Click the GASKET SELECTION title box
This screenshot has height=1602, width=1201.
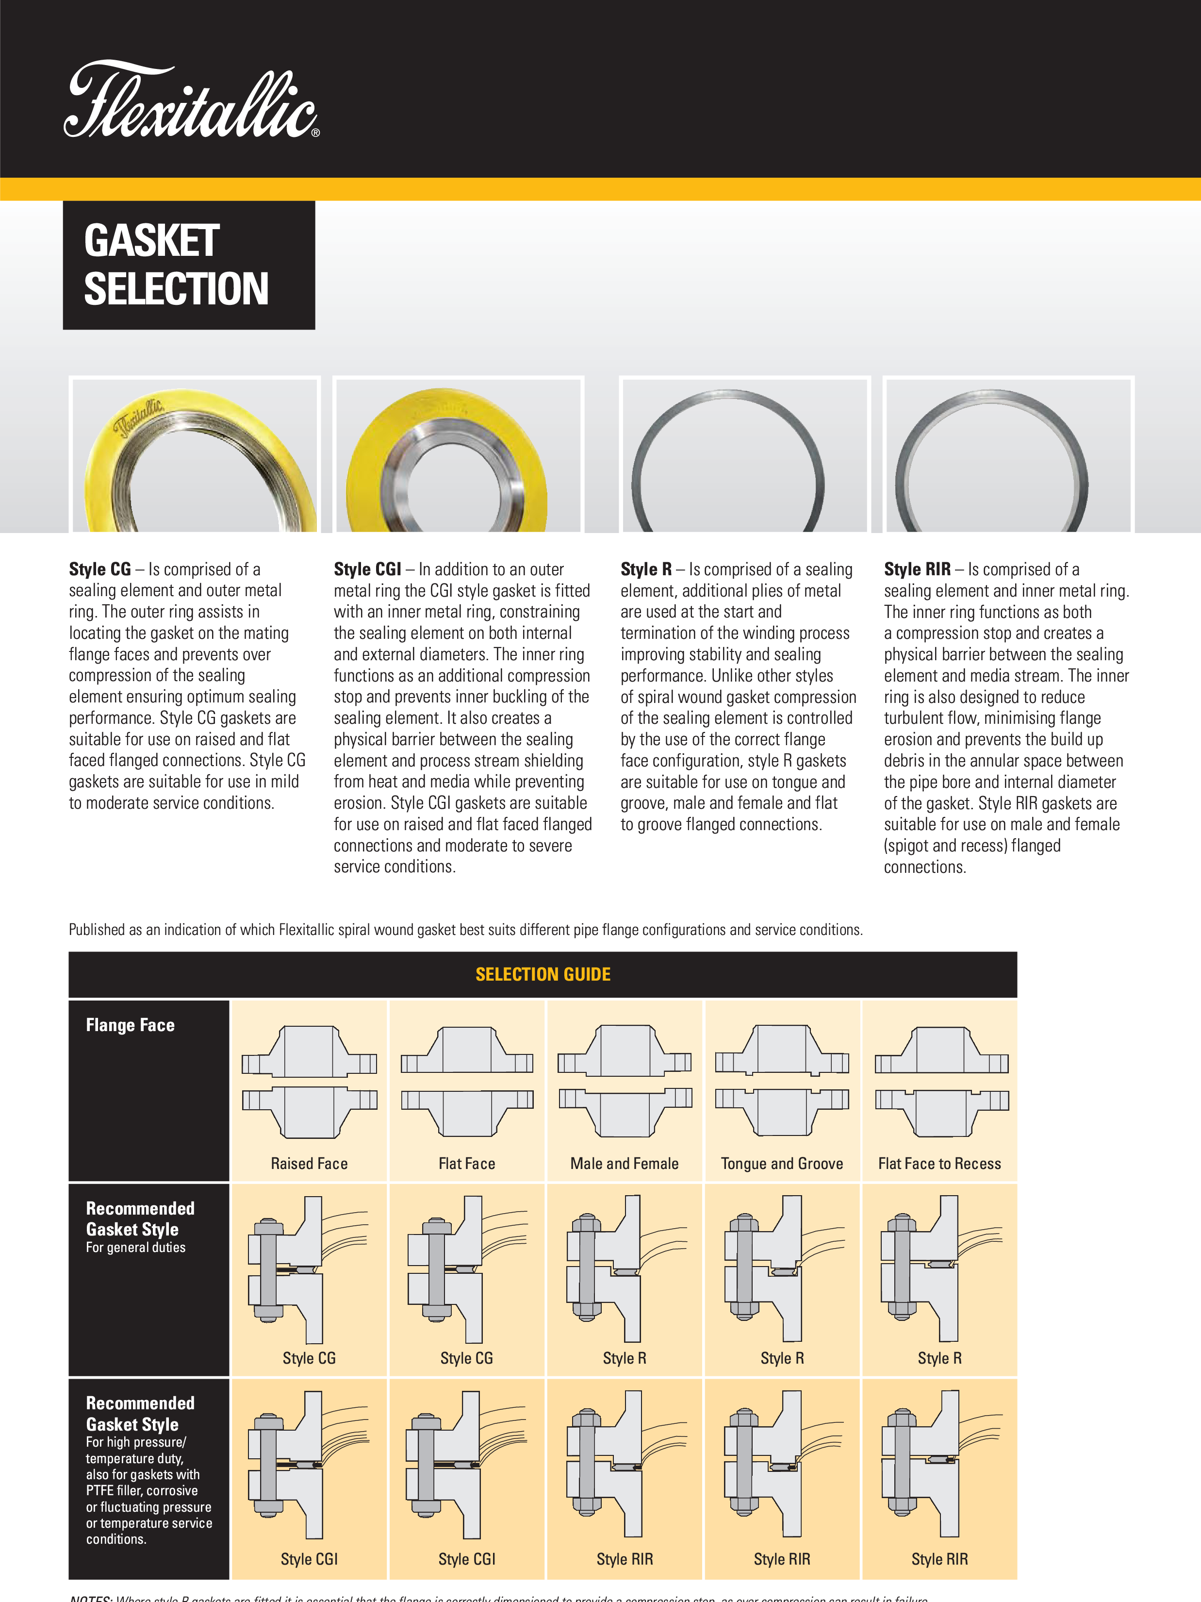(x=189, y=265)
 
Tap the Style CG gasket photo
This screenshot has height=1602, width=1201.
(x=195, y=455)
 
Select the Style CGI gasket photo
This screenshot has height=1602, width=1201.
(x=458, y=455)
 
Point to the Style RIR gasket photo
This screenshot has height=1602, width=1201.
(x=1008, y=455)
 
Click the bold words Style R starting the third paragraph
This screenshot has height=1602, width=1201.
(x=646, y=569)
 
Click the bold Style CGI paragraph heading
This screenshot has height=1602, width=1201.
(x=367, y=569)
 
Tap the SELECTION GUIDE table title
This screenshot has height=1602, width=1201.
(x=543, y=974)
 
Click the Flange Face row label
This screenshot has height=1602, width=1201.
(x=131, y=1025)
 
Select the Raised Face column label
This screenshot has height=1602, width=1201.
(x=309, y=1164)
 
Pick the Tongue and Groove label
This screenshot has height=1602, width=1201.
(x=782, y=1164)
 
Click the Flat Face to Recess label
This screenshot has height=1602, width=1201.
(x=939, y=1164)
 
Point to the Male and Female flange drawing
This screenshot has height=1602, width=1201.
(x=625, y=1081)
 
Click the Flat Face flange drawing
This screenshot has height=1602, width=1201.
(x=467, y=1081)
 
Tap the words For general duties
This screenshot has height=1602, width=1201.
(x=135, y=1247)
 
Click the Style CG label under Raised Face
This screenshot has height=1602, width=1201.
(x=309, y=1358)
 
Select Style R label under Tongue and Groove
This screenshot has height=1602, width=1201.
(x=782, y=1358)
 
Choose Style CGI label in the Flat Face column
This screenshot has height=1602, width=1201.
(x=467, y=1558)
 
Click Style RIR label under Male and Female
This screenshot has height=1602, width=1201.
(x=625, y=1558)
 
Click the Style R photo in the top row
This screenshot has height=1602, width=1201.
(x=744, y=455)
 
